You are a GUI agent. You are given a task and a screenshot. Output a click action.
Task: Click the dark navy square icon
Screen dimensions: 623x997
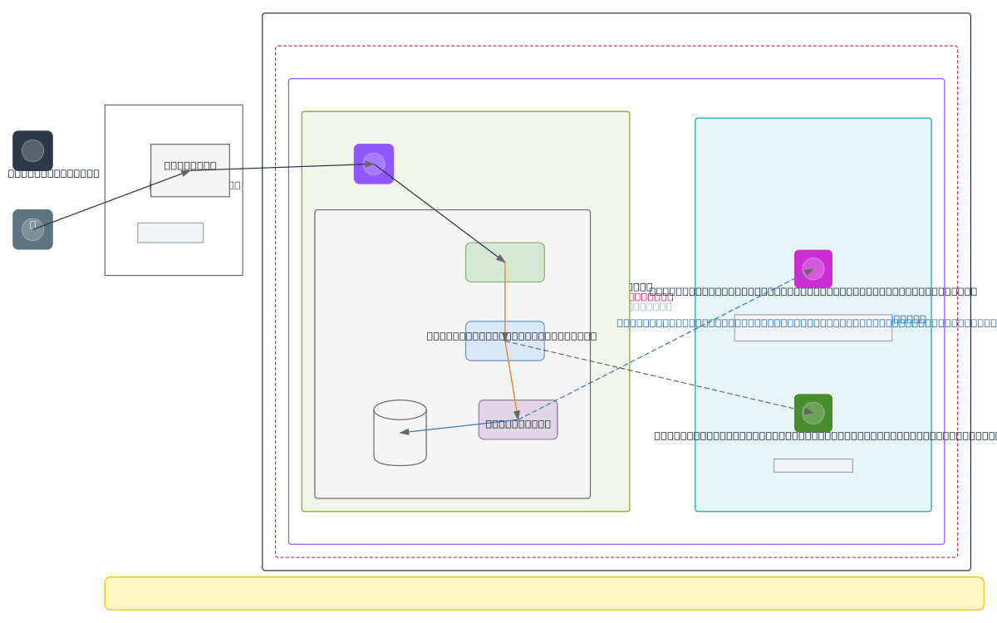coord(32,150)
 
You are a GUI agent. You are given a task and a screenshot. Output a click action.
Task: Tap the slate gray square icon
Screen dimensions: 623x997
coord(32,229)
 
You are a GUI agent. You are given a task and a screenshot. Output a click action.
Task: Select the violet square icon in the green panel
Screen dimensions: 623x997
coord(374,164)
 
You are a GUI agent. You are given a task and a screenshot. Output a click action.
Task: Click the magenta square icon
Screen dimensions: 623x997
coord(813,269)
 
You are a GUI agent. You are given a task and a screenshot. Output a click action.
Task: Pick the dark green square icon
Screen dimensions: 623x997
coord(813,413)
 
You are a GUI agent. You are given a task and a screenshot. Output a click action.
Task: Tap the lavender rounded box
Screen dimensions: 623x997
coord(518,419)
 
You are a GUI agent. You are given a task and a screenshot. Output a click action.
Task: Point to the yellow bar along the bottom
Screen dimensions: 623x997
coord(544,593)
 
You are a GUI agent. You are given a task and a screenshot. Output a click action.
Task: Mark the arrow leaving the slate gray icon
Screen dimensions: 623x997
coord(108,200)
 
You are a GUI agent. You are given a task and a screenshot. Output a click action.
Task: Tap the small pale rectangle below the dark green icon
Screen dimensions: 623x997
coord(813,465)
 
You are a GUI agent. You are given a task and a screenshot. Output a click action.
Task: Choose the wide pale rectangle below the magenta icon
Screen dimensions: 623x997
coord(813,327)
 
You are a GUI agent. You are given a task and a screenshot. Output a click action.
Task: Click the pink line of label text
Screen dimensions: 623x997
coord(651,297)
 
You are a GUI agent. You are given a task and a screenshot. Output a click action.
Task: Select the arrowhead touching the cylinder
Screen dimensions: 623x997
coord(405,432)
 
